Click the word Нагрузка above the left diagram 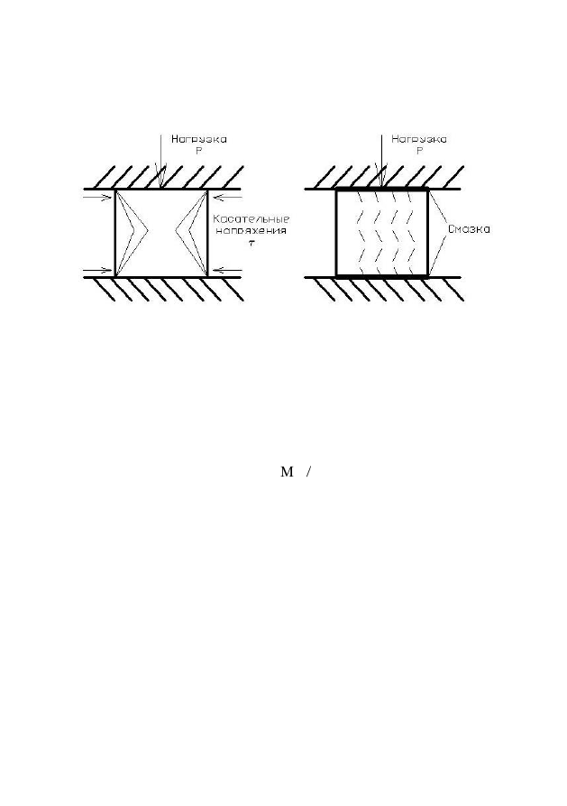198,140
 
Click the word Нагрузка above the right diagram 419,140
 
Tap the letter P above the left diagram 199,152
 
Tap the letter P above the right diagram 419,152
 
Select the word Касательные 251,219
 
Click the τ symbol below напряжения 251,243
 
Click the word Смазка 469,229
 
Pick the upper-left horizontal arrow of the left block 98,197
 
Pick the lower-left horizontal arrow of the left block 98,271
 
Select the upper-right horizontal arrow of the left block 226,197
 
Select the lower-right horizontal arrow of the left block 226,271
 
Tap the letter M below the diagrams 287,472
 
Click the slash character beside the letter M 308,472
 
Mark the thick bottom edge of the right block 382,276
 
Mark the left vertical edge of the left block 115,234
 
